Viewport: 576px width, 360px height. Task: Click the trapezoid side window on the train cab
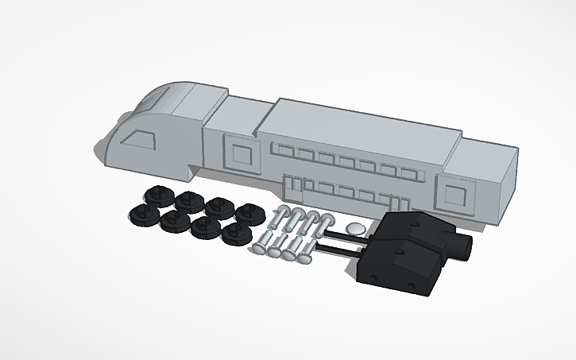click(140, 139)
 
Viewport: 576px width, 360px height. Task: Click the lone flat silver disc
click(358, 228)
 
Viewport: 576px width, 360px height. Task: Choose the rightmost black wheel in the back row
click(249, 213)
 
